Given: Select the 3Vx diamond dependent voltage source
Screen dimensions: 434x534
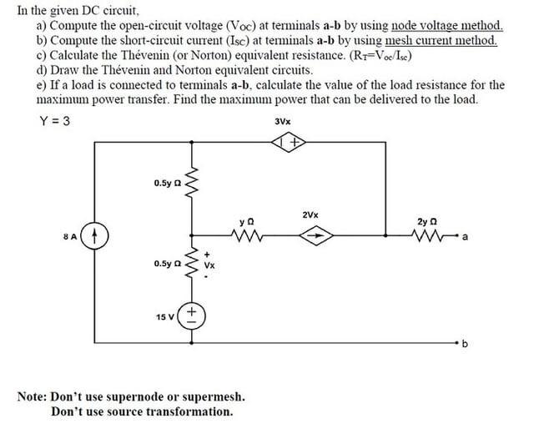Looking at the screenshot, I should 292,144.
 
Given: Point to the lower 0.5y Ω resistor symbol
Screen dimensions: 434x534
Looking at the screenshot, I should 193,263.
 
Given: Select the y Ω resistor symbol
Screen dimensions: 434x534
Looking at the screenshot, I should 247,236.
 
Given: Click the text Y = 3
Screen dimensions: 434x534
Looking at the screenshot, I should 54,121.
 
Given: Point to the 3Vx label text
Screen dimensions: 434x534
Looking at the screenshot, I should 283,122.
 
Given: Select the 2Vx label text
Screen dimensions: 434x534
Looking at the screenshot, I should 310,214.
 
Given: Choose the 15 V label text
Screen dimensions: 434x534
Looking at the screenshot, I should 164,316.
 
